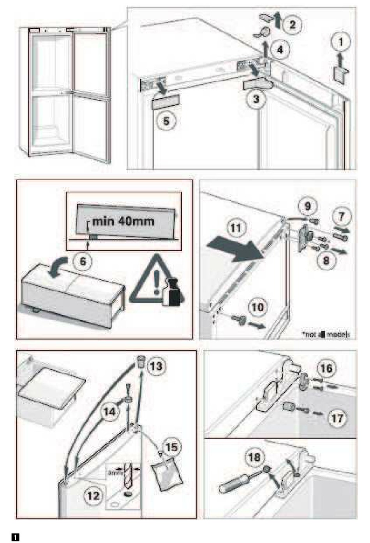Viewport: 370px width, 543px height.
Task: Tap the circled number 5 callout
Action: [x=166, y=121]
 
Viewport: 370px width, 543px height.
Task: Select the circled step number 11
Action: [x=236, y=227]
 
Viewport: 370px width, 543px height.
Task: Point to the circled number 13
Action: [x=156, y=366]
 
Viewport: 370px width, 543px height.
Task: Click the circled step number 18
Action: [x=254, y=457]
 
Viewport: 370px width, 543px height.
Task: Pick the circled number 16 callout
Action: [x=326, y=368]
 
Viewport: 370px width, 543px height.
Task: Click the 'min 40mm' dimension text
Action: [x=123, y=221]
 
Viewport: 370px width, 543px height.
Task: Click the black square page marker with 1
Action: [x=16, y=538]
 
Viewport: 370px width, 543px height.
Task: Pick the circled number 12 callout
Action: [x=93, y=496]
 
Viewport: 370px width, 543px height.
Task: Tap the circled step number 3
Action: [x=256, y=99]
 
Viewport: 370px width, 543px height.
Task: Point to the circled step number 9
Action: [x=308, y=206]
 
